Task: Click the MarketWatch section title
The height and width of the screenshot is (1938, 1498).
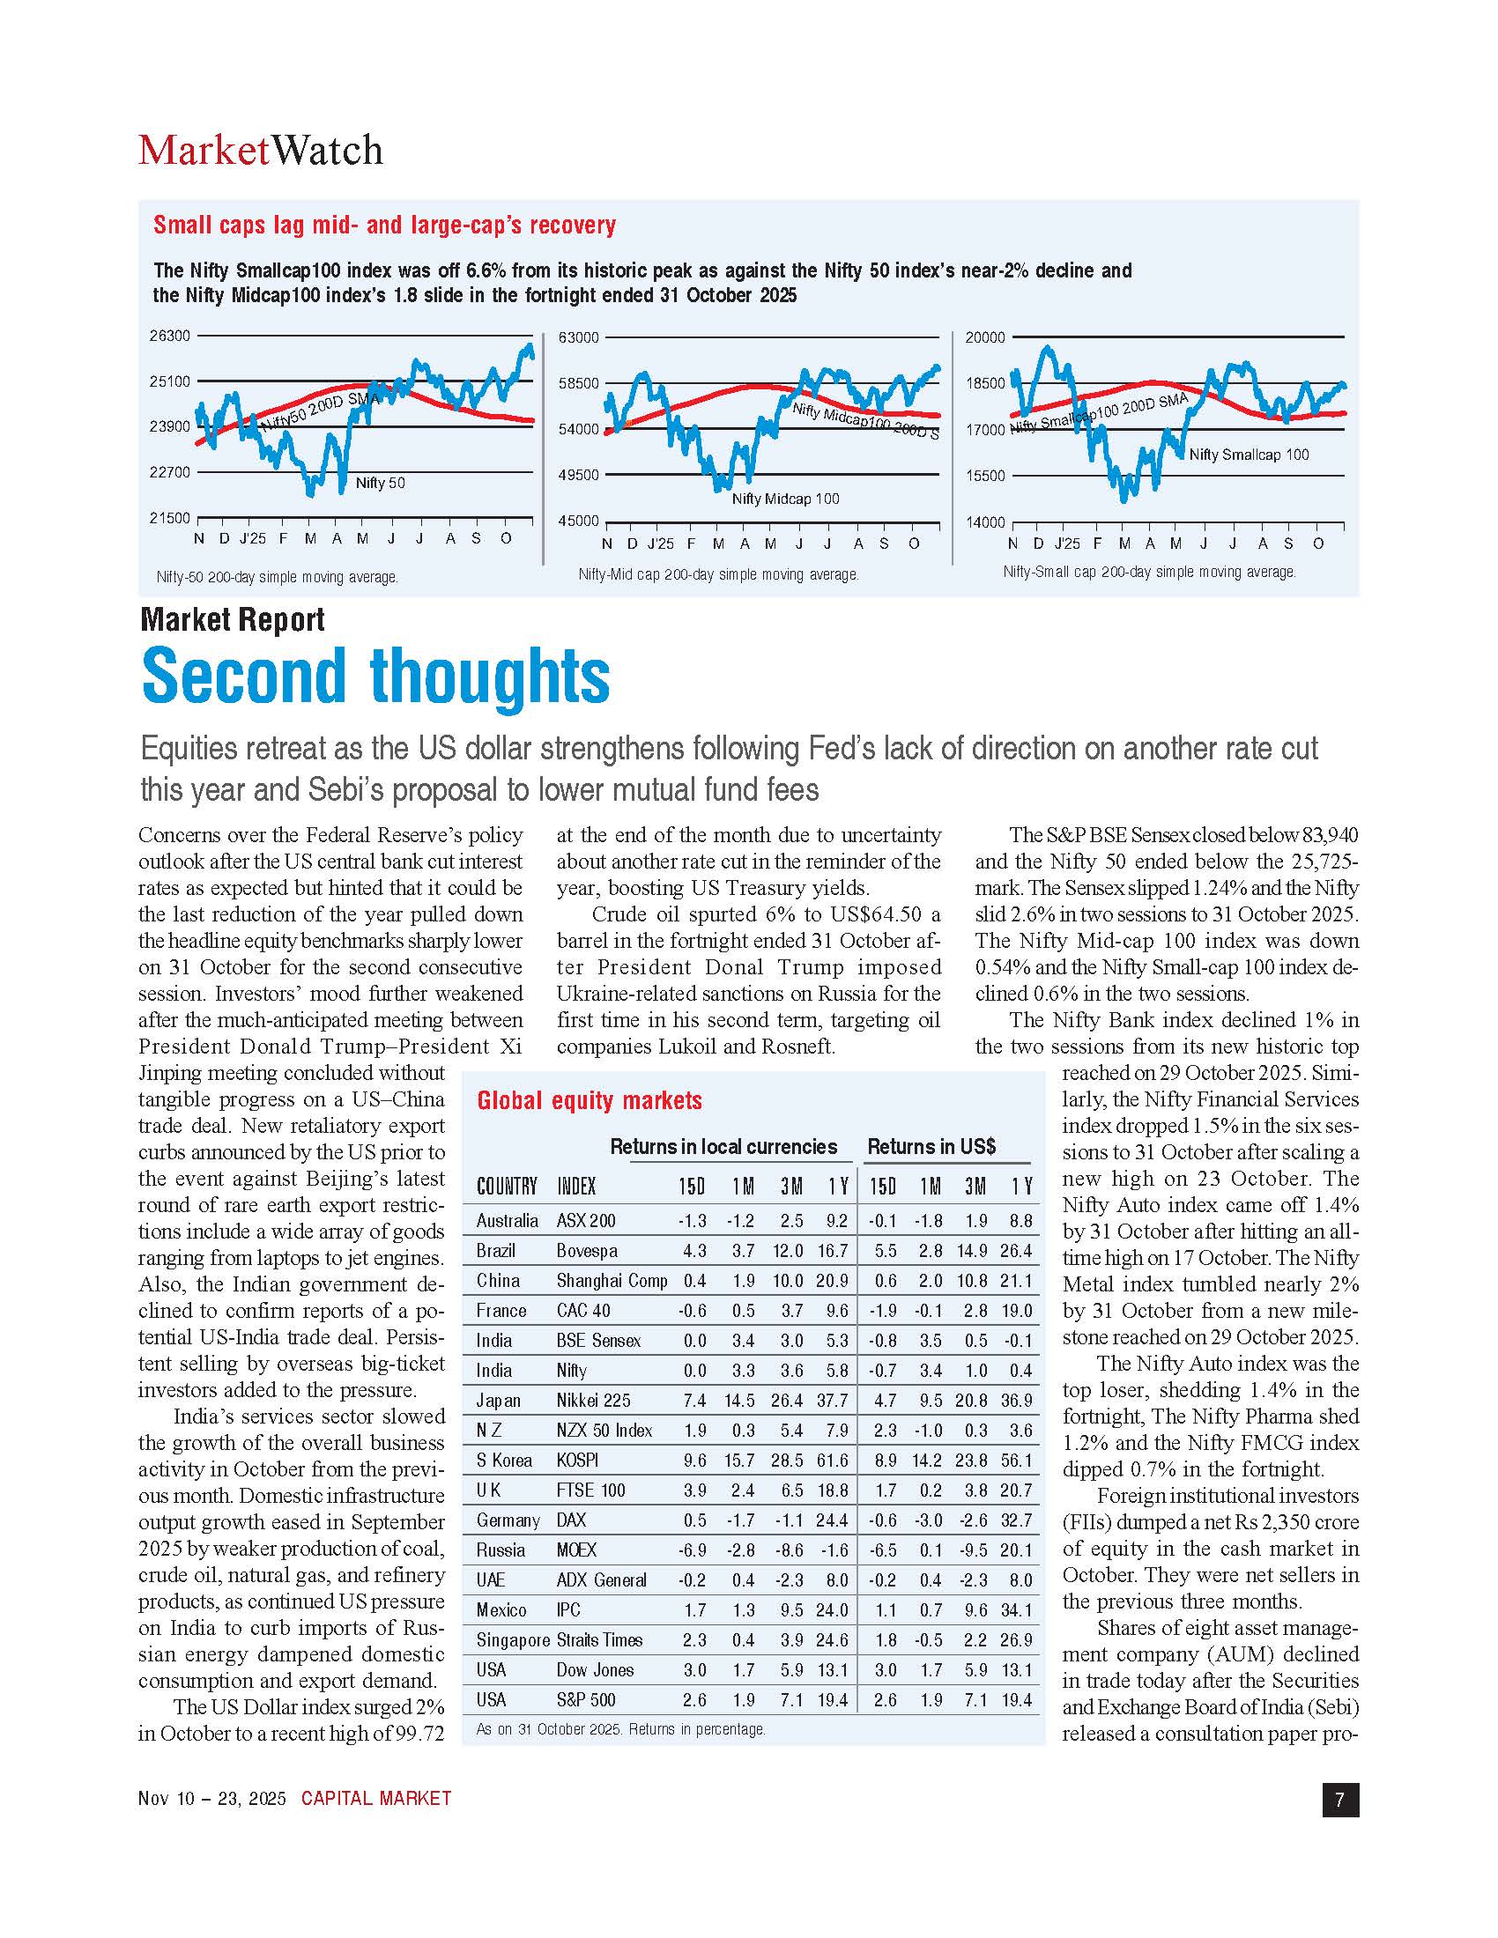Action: click(260, 150)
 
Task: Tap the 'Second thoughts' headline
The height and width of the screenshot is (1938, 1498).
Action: click(375, 676)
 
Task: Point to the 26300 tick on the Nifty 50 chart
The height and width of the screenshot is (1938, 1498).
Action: click(169, 337)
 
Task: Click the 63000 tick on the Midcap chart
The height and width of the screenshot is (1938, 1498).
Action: click(578, 337)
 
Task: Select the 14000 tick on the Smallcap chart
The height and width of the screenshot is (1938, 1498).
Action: click(985, 522)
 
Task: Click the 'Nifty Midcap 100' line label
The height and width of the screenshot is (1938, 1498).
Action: click(784, 499)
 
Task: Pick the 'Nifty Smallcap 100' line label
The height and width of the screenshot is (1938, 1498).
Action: click(1248, 455)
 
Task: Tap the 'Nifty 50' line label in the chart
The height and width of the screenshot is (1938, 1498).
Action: click(380, 483)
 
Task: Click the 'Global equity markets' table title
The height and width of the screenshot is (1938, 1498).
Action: click(590, 1100)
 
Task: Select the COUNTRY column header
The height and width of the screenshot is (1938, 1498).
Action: click(507, 1187)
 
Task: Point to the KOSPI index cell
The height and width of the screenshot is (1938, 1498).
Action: click(577, 1460)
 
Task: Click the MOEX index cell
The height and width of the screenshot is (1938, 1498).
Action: click(576, 1550)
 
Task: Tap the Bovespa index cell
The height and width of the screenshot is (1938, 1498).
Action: click(587, 1250)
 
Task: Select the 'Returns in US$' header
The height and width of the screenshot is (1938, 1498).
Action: click(931, 1146)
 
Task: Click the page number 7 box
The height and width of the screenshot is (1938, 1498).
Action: click(1339, 1800)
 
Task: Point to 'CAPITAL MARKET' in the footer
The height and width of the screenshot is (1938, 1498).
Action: click(376, 1799)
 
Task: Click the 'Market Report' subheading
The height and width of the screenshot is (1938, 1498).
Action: click(233, 618)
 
